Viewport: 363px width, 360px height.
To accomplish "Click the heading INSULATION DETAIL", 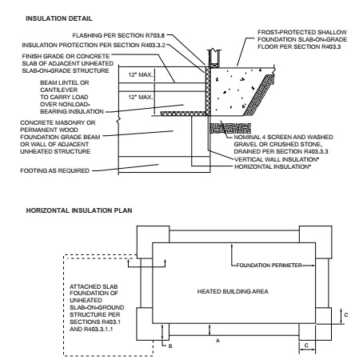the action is click(59, 18).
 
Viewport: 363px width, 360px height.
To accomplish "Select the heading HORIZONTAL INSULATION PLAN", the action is click(79, 210).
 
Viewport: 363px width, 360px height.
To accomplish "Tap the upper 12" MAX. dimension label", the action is click(141, 75).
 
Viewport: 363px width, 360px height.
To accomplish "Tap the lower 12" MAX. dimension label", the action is click(141, 97).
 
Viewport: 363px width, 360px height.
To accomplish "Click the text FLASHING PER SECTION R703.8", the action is click(118, 35).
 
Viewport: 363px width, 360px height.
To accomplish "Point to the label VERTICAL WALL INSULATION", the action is click(277, 159).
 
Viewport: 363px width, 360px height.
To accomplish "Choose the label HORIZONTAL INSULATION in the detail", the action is click(273, 166).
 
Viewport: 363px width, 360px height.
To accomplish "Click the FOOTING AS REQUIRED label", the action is click(54, 170).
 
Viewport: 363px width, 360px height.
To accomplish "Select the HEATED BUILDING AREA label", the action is click(233, 291).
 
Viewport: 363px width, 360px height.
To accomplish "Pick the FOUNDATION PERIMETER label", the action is click(269, 266).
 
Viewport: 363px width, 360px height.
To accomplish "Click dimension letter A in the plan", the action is click(217, 341).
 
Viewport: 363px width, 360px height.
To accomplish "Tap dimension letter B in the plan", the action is click(170, 346).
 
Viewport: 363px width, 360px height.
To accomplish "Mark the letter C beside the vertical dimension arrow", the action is click(346, 315).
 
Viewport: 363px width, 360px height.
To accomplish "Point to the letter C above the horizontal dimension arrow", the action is click(306, 346).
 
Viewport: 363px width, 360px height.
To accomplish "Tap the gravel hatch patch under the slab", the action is click(230, 128).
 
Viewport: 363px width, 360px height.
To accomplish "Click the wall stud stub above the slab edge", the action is click(214, 58).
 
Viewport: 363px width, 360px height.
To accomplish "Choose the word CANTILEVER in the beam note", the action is click(58, 90).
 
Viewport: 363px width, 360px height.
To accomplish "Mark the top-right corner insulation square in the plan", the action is click(316, 242).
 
